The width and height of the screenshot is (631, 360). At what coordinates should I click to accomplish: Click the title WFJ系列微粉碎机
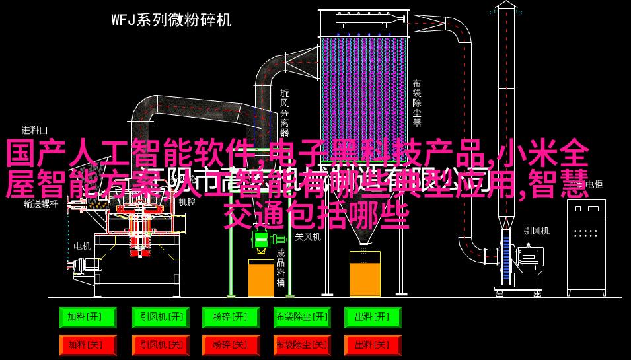pyautogui.click(x=170, y=20)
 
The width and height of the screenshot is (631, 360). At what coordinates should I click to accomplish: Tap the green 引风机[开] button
pyautogui.click(x=159, y=318)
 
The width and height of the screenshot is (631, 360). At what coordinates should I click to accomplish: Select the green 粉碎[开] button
pyautogui.click(x=230, y=318)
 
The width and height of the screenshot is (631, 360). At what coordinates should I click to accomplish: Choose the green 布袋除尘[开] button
pyautogui.click(x=301, y=318)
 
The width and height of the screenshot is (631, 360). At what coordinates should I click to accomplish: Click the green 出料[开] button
pyautogui.click(x=372, y=318)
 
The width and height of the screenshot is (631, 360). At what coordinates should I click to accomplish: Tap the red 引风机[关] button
pyautogui.click(x=159, y=344)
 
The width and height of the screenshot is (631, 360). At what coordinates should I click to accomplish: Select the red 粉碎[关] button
pyautogui.click(x=230, y=344)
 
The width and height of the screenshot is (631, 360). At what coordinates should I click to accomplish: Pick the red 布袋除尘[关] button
pyautogui.click(x=301, y=344)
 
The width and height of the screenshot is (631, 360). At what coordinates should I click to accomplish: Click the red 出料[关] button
pyautogui.click(x=372, y=344)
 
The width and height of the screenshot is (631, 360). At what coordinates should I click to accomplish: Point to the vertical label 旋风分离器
pyautogui.click(x=284, y=108)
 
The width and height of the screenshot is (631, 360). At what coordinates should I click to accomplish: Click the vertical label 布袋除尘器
pyautogui.click(x=417, y=103)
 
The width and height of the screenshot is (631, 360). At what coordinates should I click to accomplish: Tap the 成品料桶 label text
pyautogui.click(x=281, y=268)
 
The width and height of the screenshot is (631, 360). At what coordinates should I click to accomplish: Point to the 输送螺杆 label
pyautogui.click(x=41, y=205)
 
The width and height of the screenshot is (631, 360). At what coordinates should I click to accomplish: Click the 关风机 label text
pyautogui.click(x=307, y=236)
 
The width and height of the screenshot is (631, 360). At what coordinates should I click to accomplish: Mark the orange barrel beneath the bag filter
pyautogui.click(x=364, y=273)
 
